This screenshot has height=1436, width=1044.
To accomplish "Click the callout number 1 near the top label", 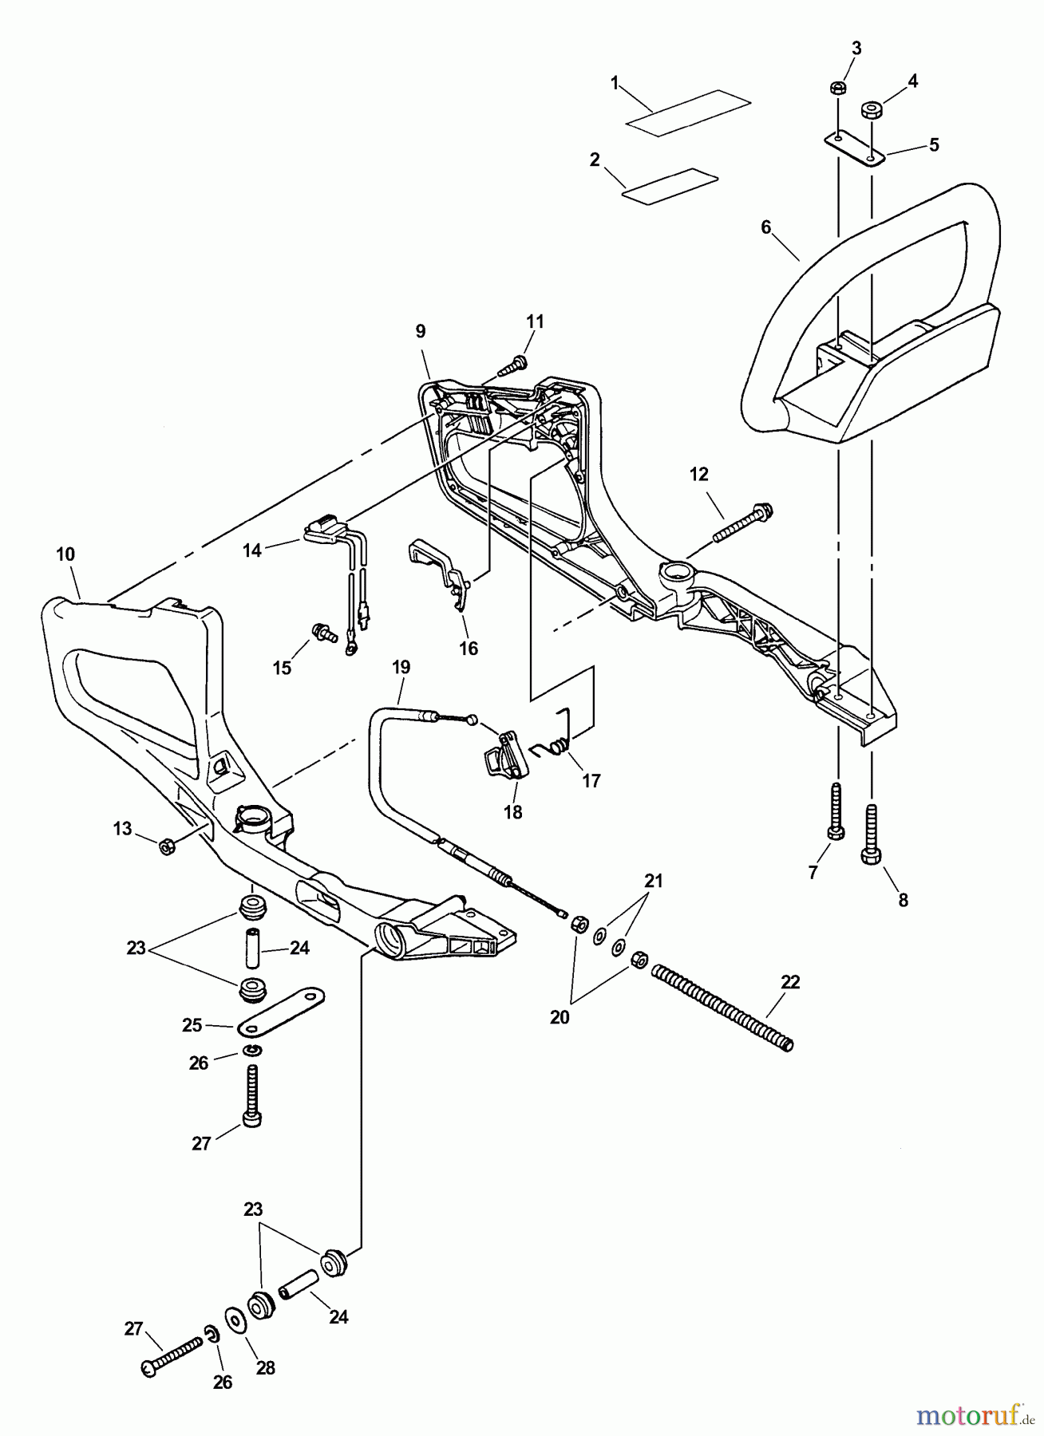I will pyautogui.click(x=615, y=82).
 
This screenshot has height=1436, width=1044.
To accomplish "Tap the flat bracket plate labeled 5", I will pyautogui.click(x=855, y=148).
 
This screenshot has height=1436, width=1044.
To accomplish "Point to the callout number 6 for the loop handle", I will pyautogui.click(x=765, y=227).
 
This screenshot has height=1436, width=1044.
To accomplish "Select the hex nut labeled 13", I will pyautogui.click(x=167, y=846).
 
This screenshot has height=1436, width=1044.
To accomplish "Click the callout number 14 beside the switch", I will pyautogui.click(x=252, y=550).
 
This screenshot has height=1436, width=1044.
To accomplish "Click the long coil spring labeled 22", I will pyautogui.click(x=722, y=1006).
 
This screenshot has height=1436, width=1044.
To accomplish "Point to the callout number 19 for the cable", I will pyautogui.click(x=401, y=667).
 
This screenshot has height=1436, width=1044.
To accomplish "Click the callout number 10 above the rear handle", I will pyautogui.click(x=65, y=554).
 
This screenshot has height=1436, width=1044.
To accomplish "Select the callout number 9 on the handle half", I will pyautogui.click(x=421, y=331).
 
